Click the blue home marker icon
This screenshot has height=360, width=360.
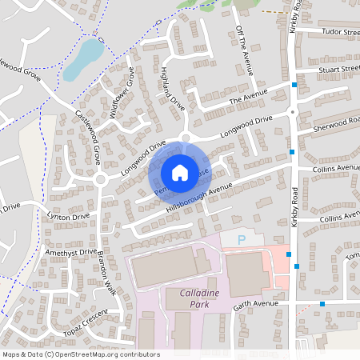[x=179, y=172]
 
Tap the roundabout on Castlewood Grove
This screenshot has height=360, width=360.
[x=101, y=179]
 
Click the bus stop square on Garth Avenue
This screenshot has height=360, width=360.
[x=322, y=304]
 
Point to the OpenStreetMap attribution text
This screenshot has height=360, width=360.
[x=81, y=354]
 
